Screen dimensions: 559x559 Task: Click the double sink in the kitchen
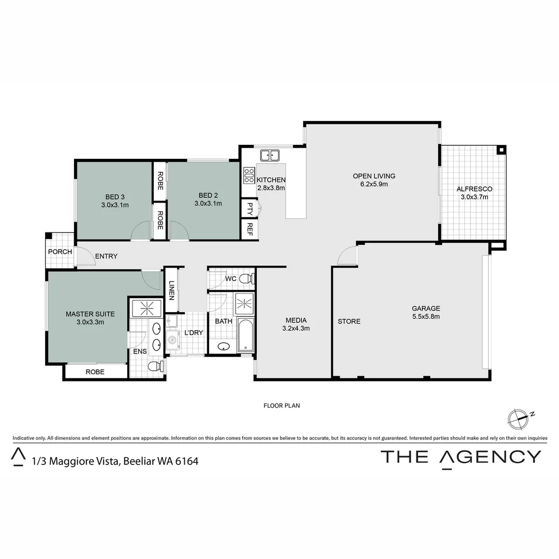270,154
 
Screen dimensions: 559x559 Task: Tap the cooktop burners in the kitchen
248,175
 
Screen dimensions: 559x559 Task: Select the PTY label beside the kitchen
250,209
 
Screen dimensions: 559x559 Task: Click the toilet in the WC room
247,279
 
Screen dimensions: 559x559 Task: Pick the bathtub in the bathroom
246,335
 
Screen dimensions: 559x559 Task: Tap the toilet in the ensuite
154,366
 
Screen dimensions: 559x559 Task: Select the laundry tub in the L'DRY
172,341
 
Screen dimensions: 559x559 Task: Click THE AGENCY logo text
461,457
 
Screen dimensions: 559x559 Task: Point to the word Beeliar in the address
138,461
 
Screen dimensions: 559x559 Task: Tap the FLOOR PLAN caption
282,406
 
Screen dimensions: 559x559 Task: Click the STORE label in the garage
349,321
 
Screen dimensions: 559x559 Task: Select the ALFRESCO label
474,189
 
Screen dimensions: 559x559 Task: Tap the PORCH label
60,252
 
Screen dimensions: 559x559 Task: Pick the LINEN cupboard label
172,290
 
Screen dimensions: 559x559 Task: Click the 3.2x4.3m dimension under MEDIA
296,328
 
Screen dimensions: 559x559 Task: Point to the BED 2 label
208,195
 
